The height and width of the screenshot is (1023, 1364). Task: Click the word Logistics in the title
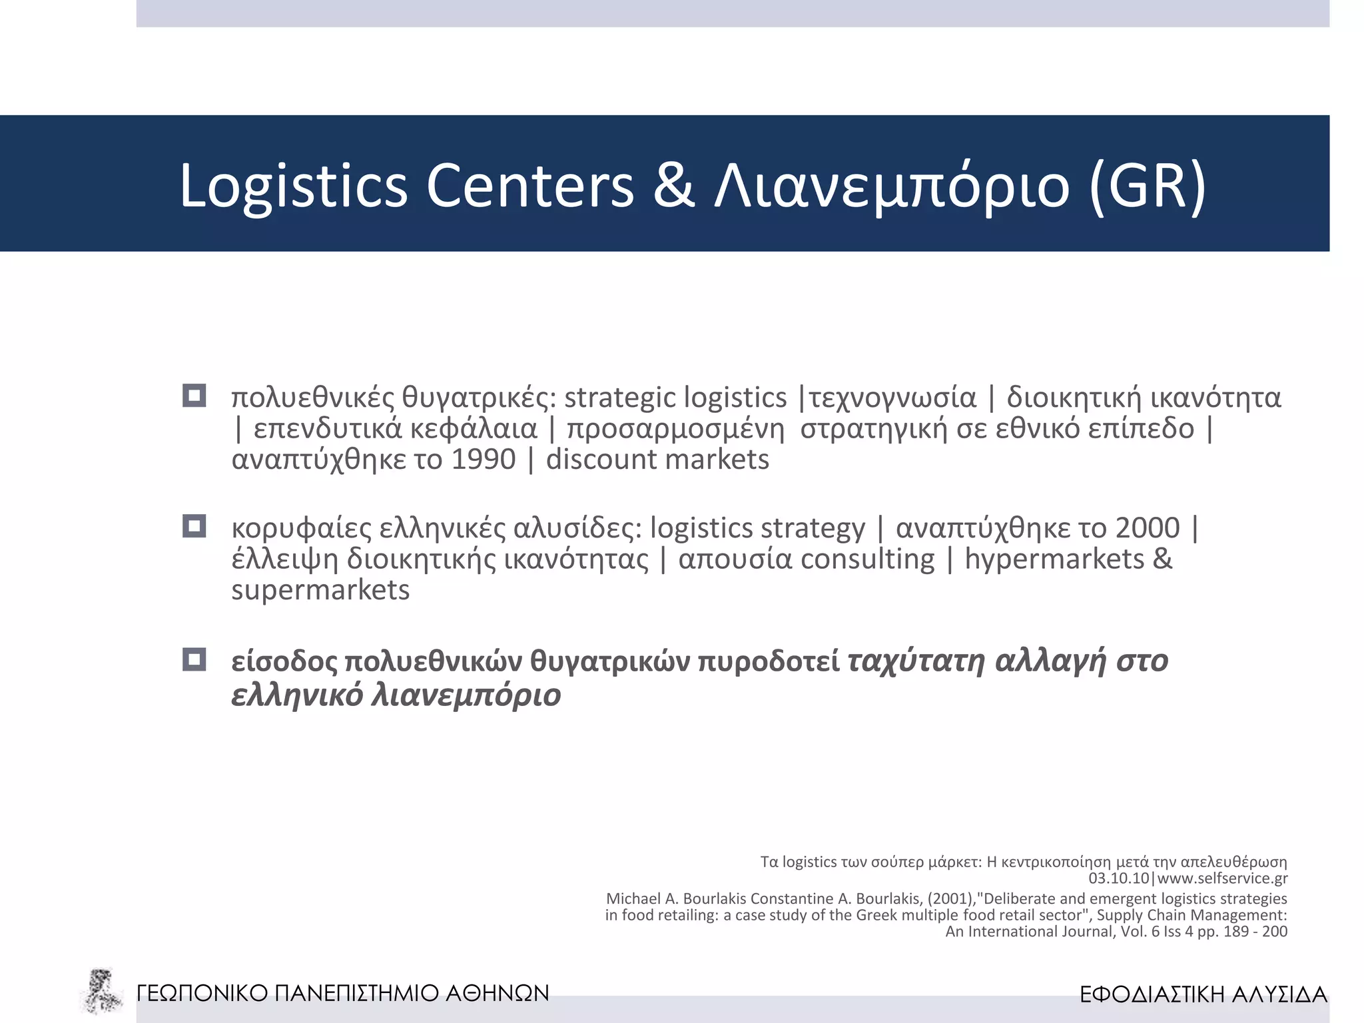point(293,186)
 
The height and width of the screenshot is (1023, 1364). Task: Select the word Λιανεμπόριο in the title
point(892,186)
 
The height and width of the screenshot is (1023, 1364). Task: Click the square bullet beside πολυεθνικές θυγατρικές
point(194,396)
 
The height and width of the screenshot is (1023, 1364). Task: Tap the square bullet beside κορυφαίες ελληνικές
point(194,526)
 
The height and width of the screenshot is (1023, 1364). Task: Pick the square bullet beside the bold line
point(194,659)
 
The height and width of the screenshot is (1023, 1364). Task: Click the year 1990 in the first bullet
point(484,460)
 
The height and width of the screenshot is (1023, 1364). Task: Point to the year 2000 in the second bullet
point(1147,527)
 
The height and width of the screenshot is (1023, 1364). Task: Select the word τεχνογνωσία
point(892,398)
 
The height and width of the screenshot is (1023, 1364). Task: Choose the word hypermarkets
point(1054,559)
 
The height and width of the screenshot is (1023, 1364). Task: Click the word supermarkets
point(320,590)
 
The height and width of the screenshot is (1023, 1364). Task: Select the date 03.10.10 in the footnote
point(1118,878)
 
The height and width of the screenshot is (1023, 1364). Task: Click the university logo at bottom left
point(101,992)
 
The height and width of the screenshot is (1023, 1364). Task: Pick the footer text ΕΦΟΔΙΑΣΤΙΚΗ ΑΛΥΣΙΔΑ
point(1203,994)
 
